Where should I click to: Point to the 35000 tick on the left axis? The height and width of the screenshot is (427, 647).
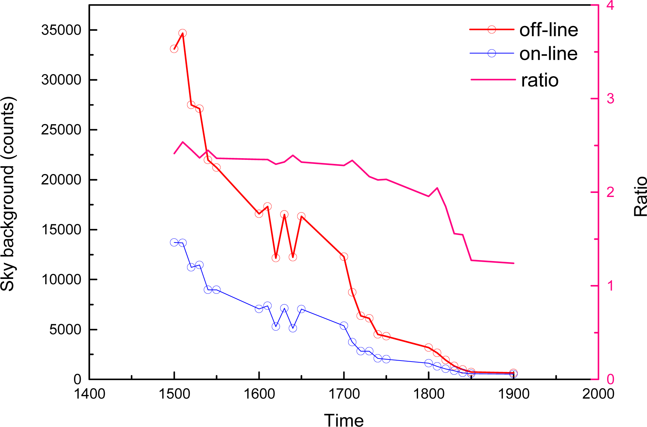coord(61,30)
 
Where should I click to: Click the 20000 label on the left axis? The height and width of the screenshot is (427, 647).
coord(61,180)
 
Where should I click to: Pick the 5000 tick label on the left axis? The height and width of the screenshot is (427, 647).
coord(65,330)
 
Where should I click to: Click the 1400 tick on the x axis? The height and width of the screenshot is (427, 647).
coord(89,394)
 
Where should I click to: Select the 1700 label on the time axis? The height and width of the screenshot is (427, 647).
coord(344,394)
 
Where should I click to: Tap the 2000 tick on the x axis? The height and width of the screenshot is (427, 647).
coord(598,394)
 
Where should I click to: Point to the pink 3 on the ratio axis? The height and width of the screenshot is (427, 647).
coord(610,99)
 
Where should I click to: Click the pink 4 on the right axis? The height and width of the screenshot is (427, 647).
coord(610,6)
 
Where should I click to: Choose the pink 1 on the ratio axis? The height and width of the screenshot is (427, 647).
coord(610,286)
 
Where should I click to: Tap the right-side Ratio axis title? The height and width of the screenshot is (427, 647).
coord(640,197)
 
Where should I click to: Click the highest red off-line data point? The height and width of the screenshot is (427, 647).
coord(183,33)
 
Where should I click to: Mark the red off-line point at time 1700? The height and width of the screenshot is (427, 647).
coord(344,257)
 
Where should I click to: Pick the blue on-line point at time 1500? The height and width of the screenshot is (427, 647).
coord(174,243)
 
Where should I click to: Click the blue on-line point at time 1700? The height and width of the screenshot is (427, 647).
coord(344,326)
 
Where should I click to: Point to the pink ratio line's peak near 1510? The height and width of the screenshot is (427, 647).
coord(183,142)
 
